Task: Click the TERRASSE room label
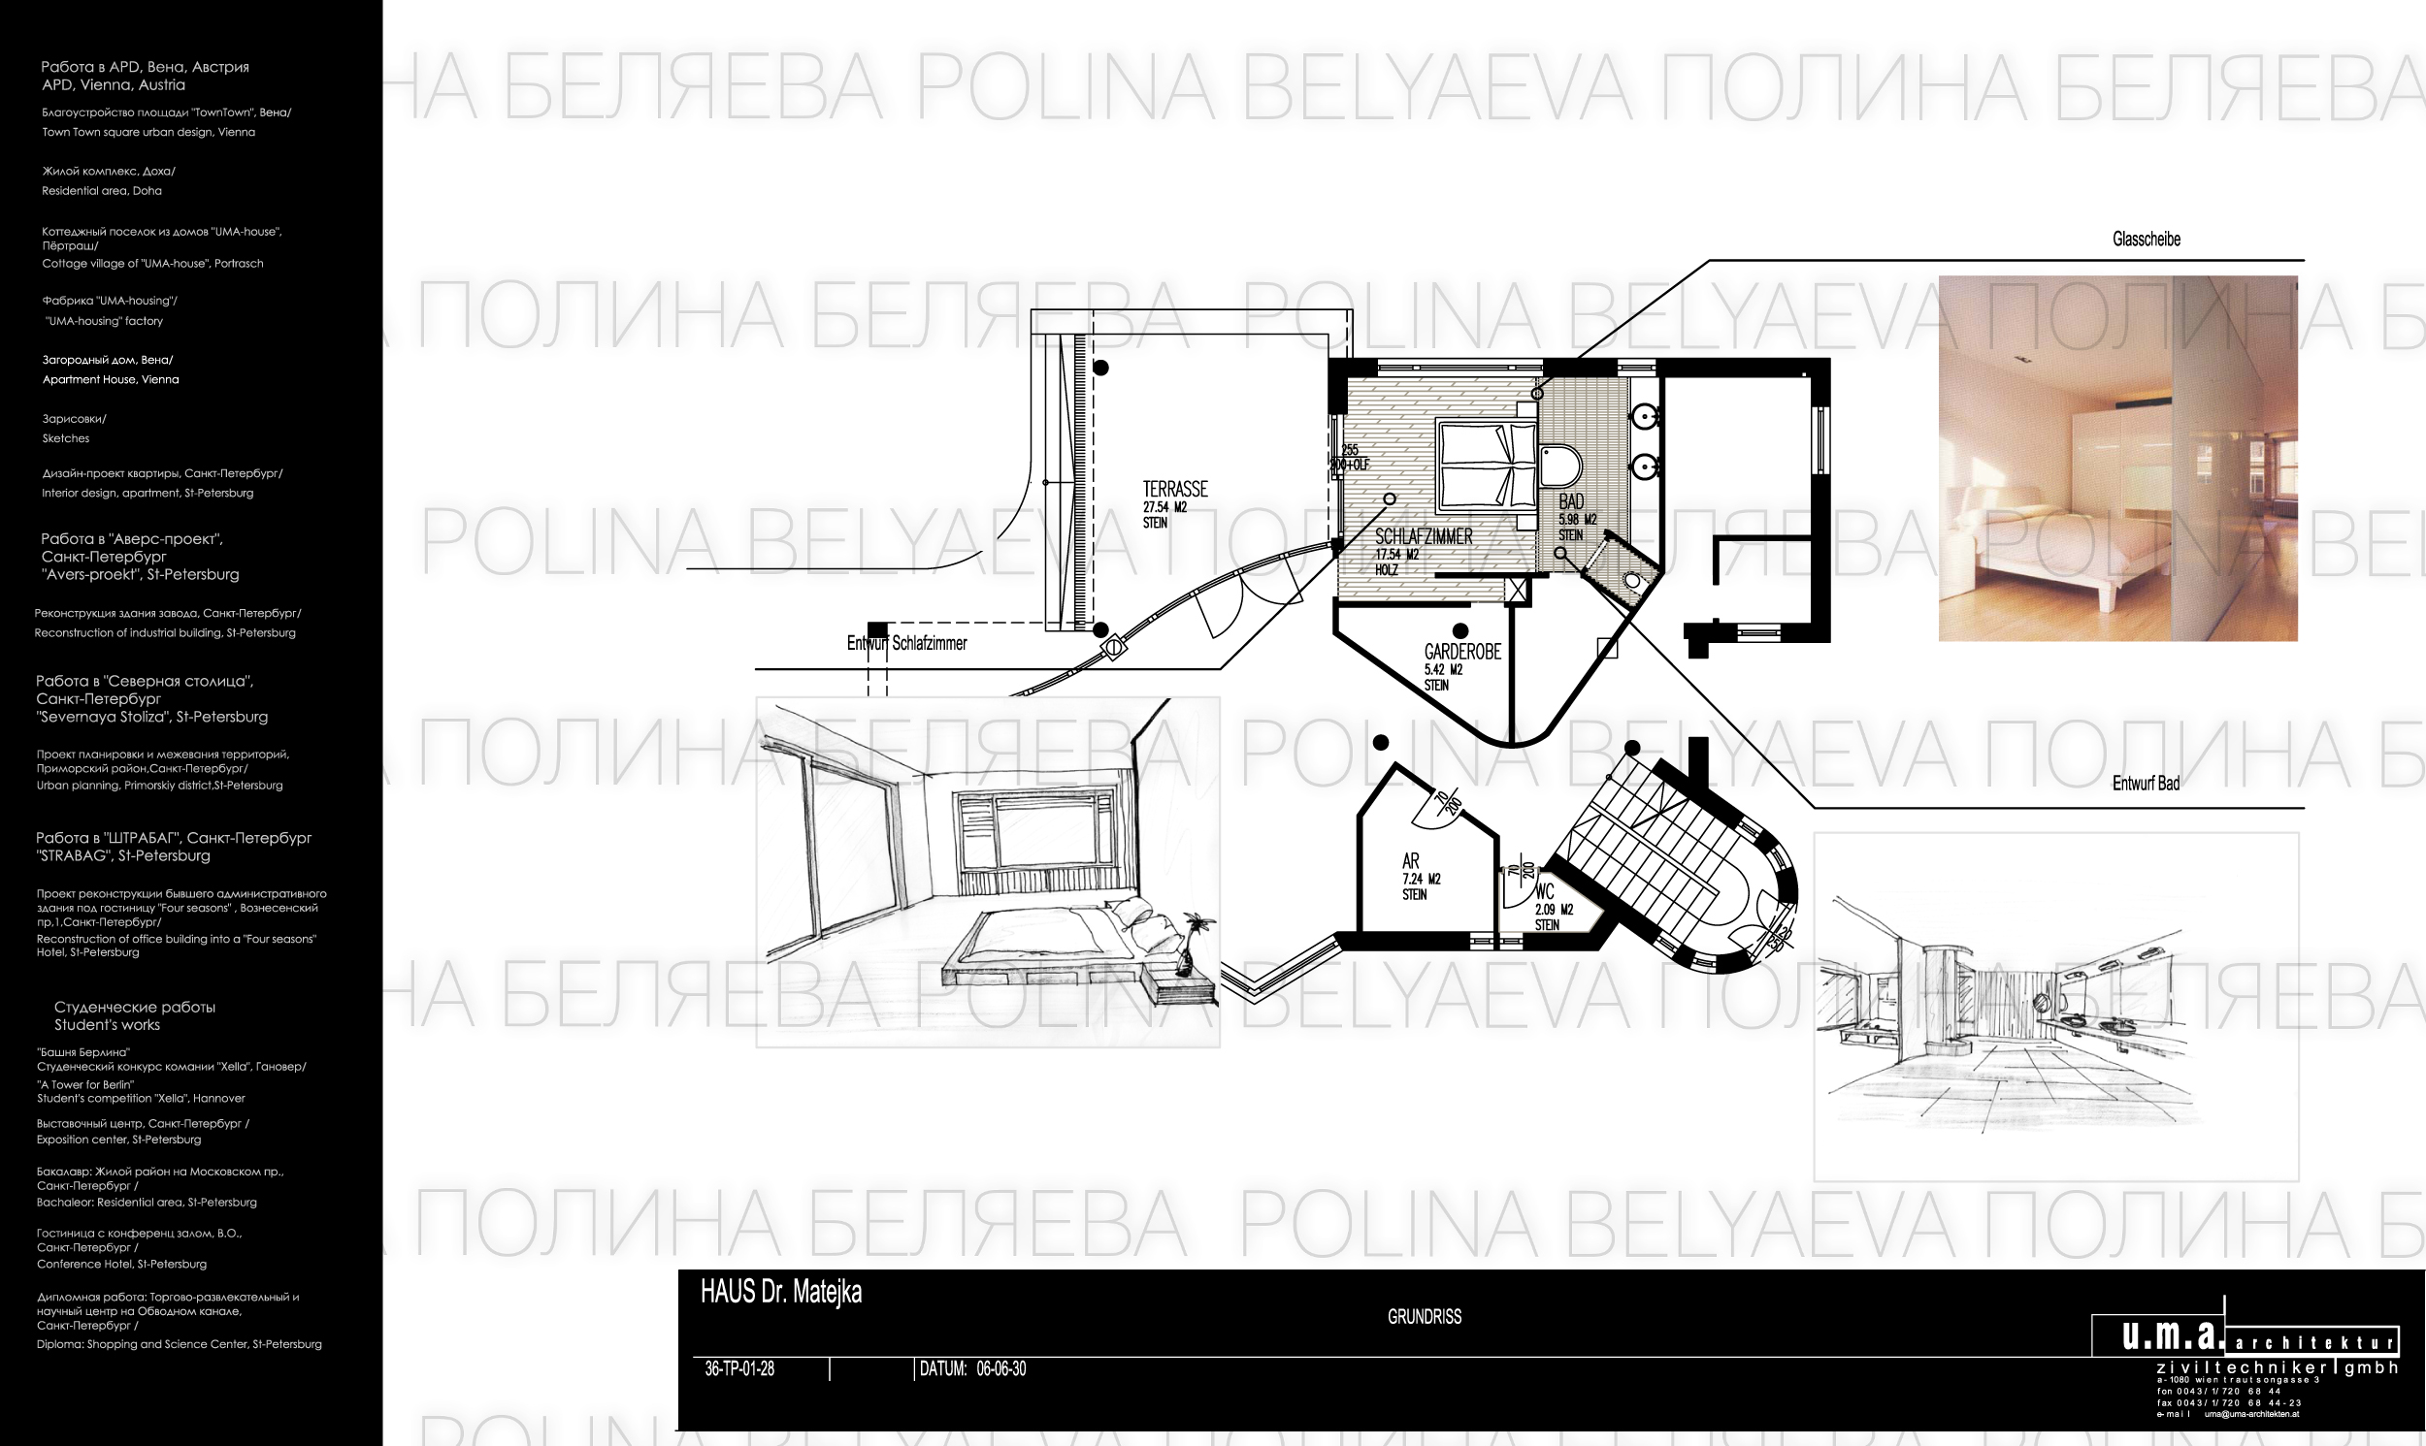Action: [x=1174, y=490]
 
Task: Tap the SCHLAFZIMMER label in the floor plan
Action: [x=1423, y=537]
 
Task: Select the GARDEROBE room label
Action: [x=1462, y=652]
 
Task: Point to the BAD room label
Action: [x=1570, y=502]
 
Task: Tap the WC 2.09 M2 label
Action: [x=1552, y=906]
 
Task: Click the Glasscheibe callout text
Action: [x=2146, y=240]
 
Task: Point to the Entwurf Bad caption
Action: [x=2146, y=784]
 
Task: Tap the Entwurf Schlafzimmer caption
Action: [x=906, y=644]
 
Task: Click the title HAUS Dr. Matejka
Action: [x=781, y=1293]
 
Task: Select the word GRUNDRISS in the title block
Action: [x=1424, y=1317]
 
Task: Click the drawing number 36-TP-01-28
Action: [x=738, y=1369]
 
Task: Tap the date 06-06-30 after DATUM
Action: [x=1001, y=1369]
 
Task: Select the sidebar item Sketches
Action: [x=66, y=438]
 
